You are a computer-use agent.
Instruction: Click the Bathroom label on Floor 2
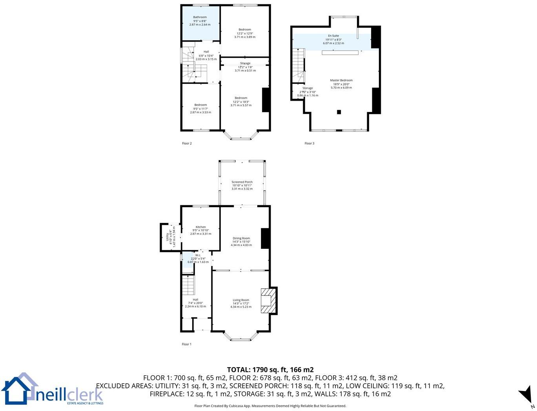(200, 17)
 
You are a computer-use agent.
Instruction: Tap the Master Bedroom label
(341, 80)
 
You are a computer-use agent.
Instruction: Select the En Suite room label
(333, 36)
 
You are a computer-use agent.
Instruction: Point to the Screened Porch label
(242, 182)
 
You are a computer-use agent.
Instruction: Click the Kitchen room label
(200, 227)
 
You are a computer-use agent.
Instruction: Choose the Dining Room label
(241, 238)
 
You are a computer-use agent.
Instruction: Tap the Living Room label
(241, 300)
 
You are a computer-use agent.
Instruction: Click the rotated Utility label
(167, 237)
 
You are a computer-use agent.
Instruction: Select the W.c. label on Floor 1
(198, 255)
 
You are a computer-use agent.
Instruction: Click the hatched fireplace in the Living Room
(269, 301)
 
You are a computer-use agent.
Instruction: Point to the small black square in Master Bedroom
(339, 112)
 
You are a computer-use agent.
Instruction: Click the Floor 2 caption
(187, 143)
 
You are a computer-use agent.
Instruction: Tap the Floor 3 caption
(309, 143)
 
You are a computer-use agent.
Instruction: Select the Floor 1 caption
(187, 344)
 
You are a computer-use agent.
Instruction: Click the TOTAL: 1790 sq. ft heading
(270, 369)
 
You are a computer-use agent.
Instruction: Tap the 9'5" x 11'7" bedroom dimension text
(200, 109)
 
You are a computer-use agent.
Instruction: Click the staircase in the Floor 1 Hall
(188, 285)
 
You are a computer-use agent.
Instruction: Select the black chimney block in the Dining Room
(265, 238)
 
